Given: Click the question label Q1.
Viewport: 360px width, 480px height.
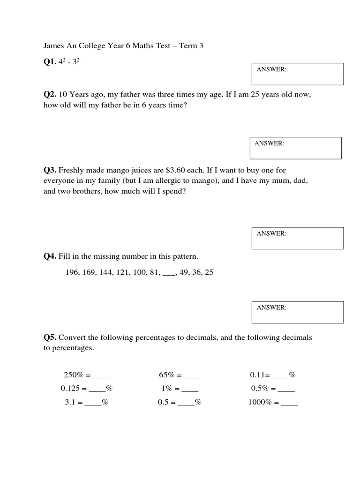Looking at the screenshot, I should click(50, 62).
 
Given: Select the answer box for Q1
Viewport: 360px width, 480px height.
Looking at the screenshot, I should click(298, 74).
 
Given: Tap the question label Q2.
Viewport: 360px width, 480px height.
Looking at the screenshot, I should click(50, 94).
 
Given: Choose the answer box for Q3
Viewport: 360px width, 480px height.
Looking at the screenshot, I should click(298, 238).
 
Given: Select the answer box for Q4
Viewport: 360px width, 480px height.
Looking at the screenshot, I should click(298, 312).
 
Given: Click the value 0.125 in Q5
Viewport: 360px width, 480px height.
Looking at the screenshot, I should click(70, 389).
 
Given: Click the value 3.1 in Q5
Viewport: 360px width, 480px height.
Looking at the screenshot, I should click(70, 402).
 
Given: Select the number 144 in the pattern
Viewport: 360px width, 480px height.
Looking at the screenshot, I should click(105, 272).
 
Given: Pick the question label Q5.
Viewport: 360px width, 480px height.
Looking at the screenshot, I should click(50, 337).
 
